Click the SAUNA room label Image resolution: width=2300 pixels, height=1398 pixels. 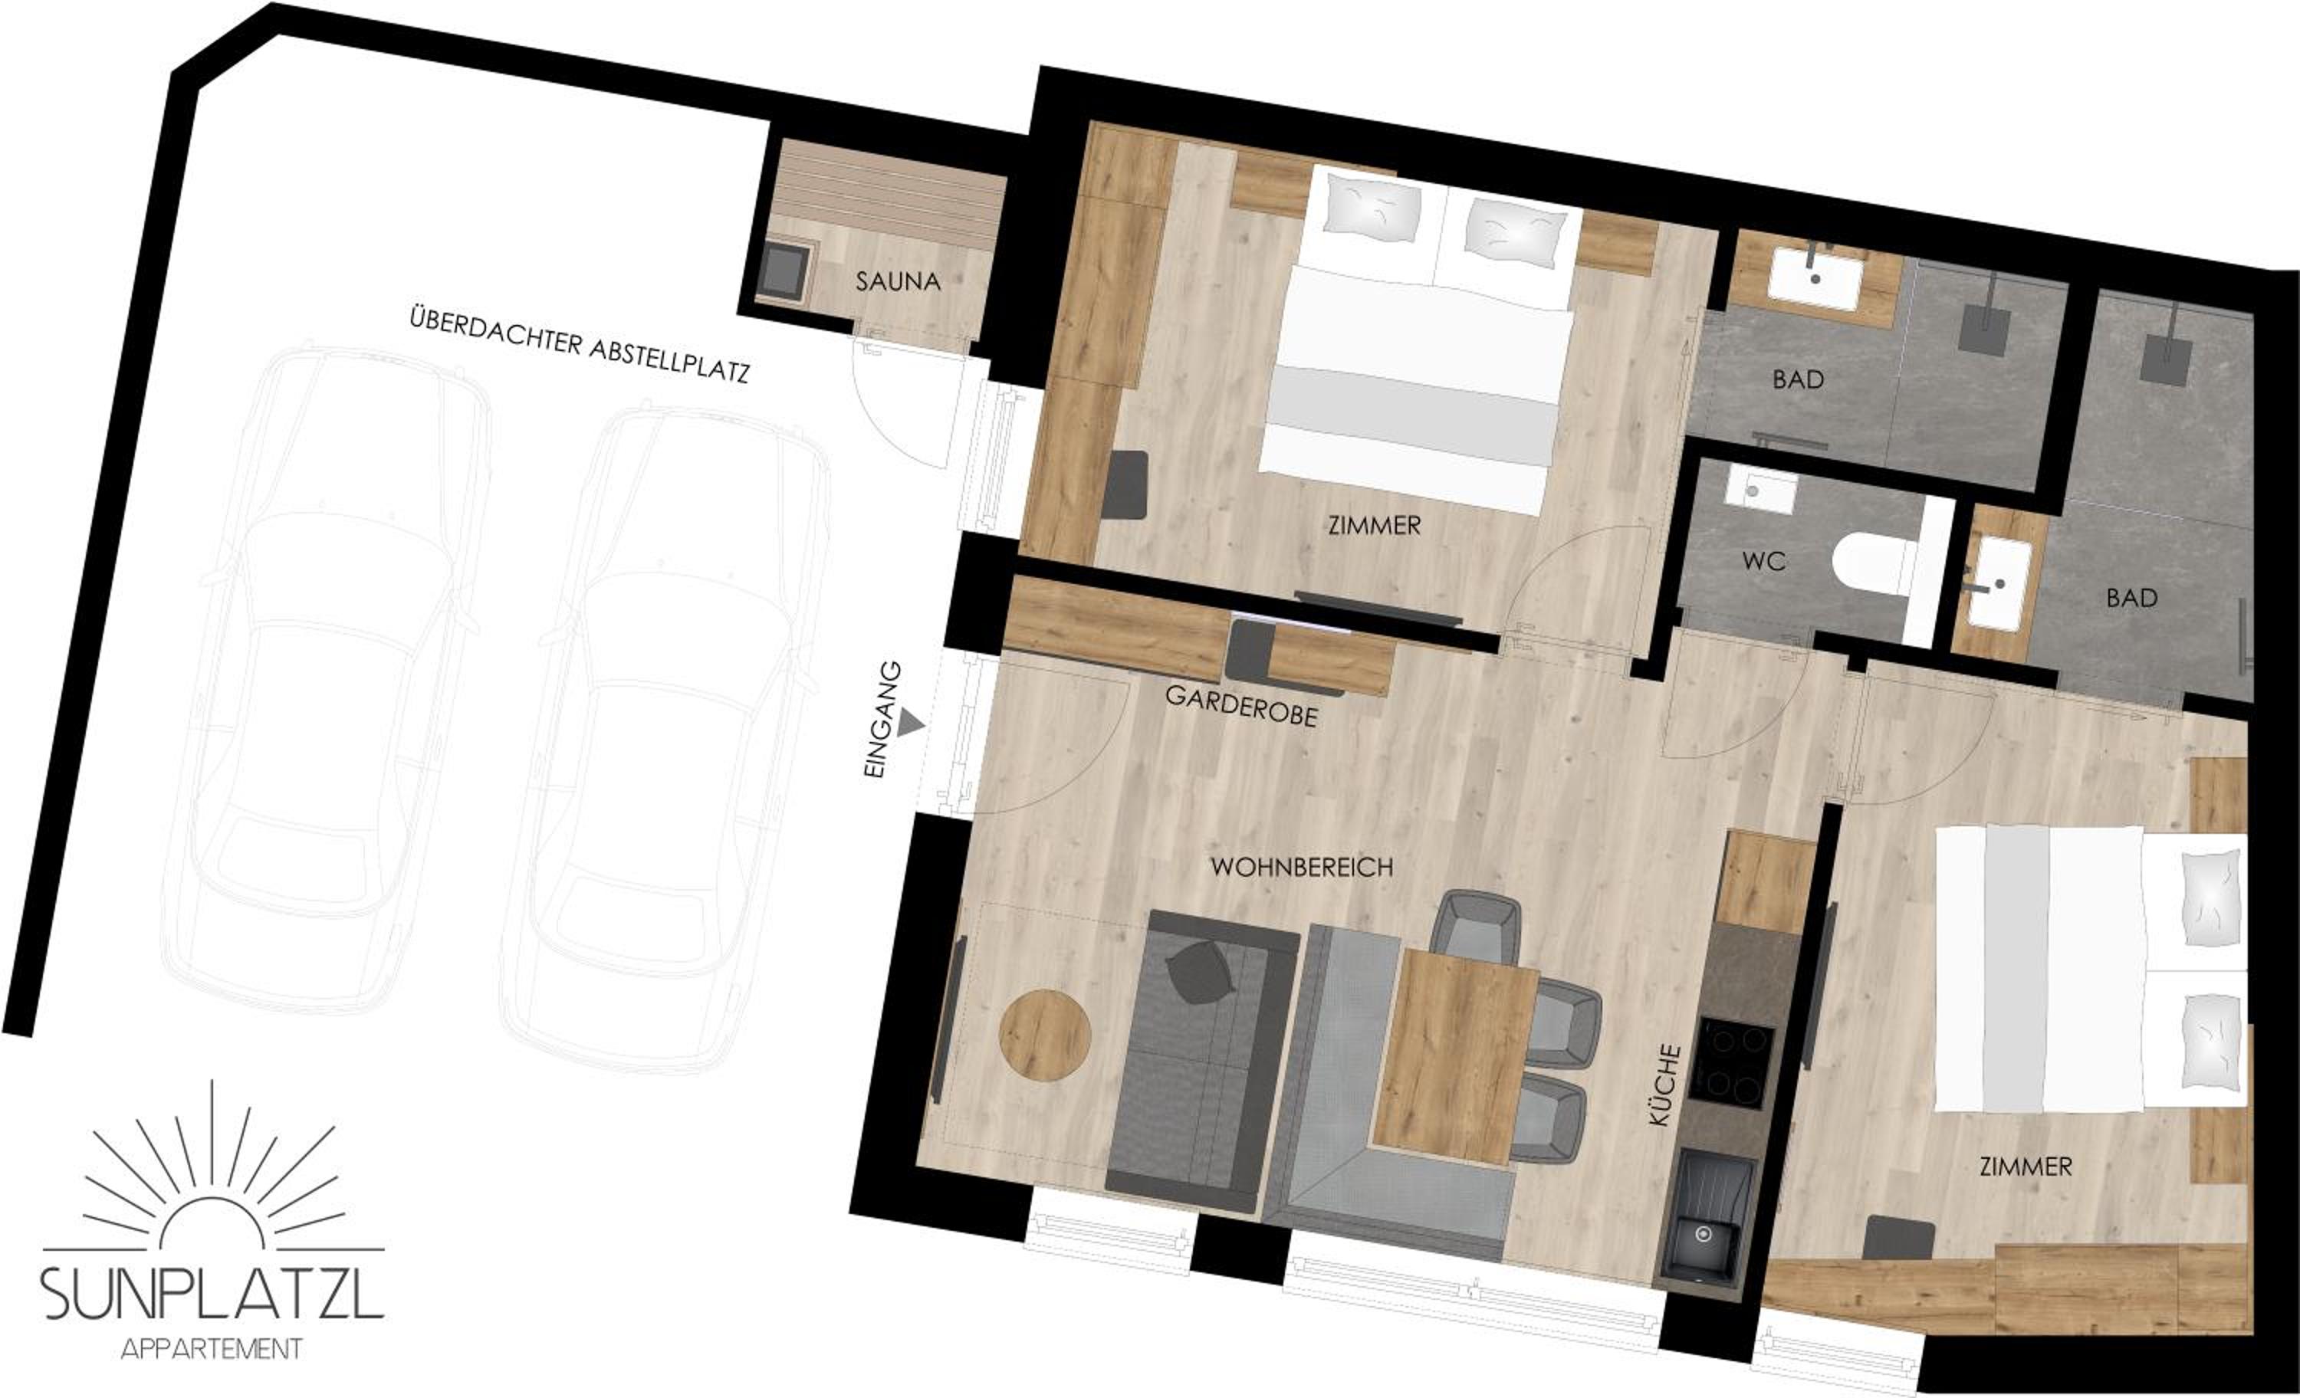pos(898,281)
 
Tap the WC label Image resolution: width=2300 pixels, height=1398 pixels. pos(1763,561)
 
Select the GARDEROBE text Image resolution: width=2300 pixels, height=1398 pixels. pos(1240,707)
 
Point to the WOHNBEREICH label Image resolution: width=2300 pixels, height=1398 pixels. pos(1301,867)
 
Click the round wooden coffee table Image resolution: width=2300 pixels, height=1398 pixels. pos(1044,1036)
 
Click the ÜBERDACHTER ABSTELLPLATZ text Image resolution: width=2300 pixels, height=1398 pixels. pos(580,344)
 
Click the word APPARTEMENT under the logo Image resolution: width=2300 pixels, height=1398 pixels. pos(212,1348)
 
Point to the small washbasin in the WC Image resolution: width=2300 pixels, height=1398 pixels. pos(1760,491)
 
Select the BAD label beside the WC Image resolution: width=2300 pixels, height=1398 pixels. pos(2132,597)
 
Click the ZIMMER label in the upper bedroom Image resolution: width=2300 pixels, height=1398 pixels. pos(1374,526)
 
